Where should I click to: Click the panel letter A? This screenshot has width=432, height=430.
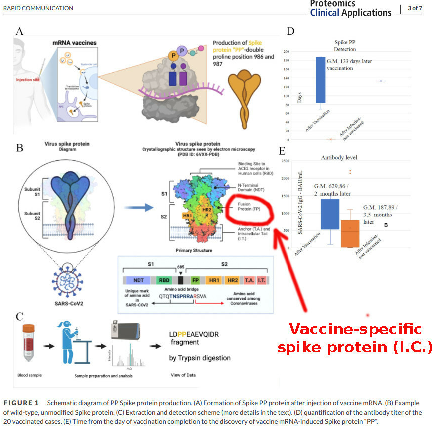point(19,31)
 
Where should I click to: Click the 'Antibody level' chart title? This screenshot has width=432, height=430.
point(339,157)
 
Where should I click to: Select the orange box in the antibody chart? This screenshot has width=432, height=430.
point(350,233)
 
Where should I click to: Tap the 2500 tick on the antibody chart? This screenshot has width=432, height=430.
point(285,161)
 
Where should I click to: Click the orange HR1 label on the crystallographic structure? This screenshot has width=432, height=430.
point(187,215)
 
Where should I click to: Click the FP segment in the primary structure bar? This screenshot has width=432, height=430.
point(196,280)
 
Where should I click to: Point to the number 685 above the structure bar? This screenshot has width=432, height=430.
point(180,266)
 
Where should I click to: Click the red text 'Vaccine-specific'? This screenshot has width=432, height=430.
point(355,329)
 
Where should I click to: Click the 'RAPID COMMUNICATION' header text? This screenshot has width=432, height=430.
point(38,8)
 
